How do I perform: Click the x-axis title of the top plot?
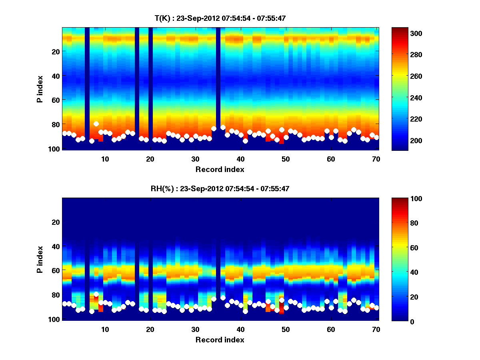click(x=220, y=169)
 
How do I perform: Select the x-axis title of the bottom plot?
click(x=220, y=340)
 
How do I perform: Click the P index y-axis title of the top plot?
click(x=40, y=89)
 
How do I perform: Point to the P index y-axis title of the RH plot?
click(x=40, y=259)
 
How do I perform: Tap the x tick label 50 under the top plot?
click(x=286, y=159)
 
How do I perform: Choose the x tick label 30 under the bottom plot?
click(x=195, y=329)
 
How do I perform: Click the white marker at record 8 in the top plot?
click(x=96, y=124)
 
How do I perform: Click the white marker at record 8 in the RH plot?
click(x=96, y=294)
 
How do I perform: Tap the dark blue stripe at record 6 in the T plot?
click(x=87, y=80)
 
